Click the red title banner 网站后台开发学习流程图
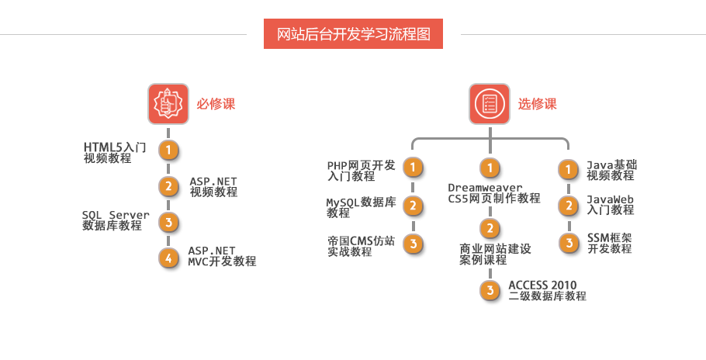click(353, 34)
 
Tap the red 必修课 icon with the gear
click(168, 104)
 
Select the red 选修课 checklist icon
click(489, 104)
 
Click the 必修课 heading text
click(216, 104)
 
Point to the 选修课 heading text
click(538, 104)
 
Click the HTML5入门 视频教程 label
click(112, 152)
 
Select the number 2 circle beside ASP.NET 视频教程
click(168, 186)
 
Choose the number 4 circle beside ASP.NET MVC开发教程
click(168, 258)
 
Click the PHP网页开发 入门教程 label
click(362, 171)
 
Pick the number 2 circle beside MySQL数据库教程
click(414, 206)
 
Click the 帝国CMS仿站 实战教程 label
click(361, 246)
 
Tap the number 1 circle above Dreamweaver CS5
click(490, 168)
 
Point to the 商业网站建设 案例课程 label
click(494, 254)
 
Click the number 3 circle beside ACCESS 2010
click(490, 290)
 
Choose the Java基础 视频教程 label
click(611, 170)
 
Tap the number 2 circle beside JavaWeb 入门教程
click(569, 206)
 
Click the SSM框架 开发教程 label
click(610, 243)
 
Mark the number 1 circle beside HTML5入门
click(168, 149)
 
